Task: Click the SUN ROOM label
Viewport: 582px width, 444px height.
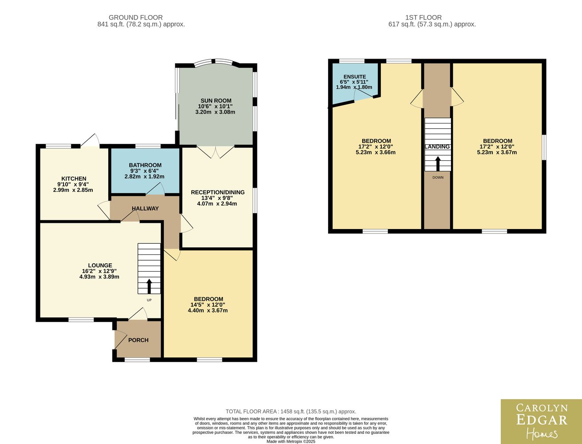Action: coord(216,101)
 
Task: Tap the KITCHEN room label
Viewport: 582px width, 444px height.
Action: coord(74,178)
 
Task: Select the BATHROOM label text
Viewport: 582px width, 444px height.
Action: coord(145,165)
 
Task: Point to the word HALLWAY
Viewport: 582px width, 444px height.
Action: coord(145,209)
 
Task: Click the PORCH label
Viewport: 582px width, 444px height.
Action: coord(139,340)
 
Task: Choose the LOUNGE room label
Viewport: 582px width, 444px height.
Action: coord(100,266)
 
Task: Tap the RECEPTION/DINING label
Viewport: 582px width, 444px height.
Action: coord(218,192)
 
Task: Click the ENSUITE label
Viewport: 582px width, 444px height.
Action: coord(355,77)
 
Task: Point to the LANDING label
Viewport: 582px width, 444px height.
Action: coord(437,147)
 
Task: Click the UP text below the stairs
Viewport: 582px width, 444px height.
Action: coord(149,300)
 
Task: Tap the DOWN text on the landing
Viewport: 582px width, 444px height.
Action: coord(438,178)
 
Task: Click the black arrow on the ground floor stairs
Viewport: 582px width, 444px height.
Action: coord(149,286)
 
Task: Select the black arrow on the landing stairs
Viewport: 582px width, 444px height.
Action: coord(438,163)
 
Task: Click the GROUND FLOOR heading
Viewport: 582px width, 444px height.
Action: coord(135,17)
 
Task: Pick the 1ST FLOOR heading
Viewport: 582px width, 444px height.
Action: coord(424,17)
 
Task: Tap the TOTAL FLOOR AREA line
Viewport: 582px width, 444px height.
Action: coord(291,412)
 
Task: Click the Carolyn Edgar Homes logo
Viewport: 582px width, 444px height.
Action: coord(542,421)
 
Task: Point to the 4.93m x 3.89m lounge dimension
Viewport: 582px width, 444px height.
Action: coord(99,277)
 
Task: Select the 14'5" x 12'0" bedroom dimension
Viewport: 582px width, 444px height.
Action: coord(208,305)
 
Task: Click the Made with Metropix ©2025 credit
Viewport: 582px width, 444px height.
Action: coord(291,442)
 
